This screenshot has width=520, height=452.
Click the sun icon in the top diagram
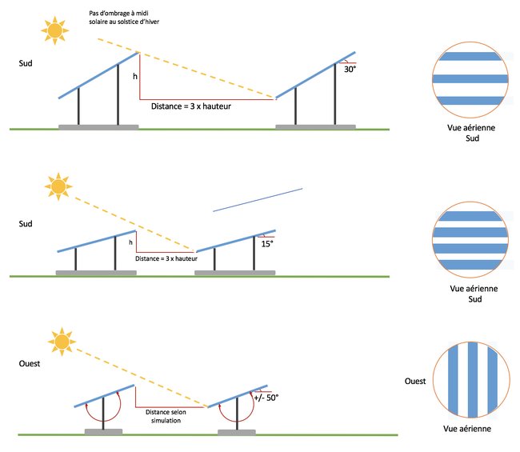coord(54,30)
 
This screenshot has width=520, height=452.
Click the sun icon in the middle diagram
coord(58,187)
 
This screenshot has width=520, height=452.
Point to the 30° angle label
coord(350,70)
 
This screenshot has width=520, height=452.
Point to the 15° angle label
coord(267,243)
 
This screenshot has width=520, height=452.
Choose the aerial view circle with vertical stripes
coord(470,381)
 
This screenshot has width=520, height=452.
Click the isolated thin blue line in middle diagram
coord(258,199)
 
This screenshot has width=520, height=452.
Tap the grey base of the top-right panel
coord(314,126)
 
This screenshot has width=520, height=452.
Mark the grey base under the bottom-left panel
coord(104,430)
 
